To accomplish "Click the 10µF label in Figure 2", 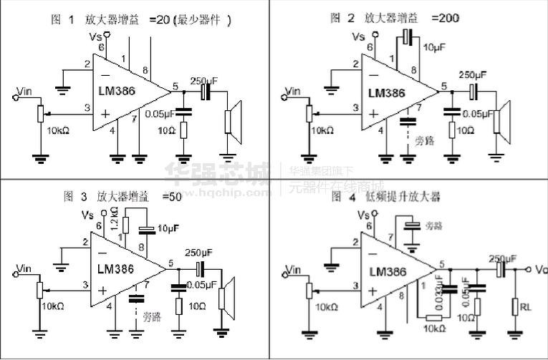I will (x=434, y=49).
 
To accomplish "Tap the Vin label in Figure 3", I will (x=24, y=268).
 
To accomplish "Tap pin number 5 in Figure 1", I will (x=176, y=86).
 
